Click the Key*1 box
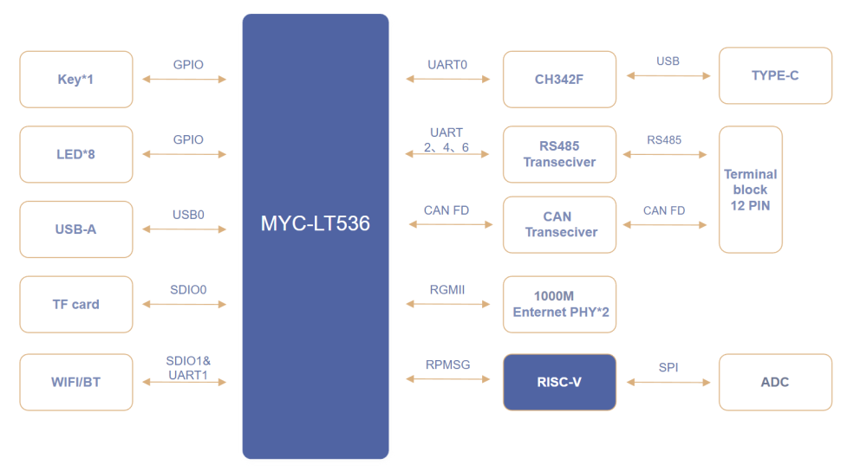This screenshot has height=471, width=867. (76, 80)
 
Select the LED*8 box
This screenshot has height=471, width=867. (76, 155)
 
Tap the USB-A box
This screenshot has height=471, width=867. (76, 229)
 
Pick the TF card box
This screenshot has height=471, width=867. (76, 305)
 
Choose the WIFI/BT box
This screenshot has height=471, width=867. (76, 382)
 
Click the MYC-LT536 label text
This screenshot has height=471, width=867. (316, 223)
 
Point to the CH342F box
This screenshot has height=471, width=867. (559, 80)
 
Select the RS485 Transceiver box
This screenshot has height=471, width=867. (559, 154)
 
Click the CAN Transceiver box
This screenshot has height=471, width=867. (559, 224)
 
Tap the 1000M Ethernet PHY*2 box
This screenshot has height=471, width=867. (559, 305)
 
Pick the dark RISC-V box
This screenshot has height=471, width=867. (559, 382)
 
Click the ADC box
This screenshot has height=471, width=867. (775, 382)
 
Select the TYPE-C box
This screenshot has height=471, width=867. (775, 76)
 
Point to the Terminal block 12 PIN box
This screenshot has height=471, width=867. (751, 190)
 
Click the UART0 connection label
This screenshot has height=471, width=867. (447, 65)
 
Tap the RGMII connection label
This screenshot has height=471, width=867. (447, 290)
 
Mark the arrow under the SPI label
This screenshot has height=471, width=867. (668, 382)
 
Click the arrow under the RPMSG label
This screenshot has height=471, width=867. (449, 379)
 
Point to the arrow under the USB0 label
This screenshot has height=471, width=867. (185, 229)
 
